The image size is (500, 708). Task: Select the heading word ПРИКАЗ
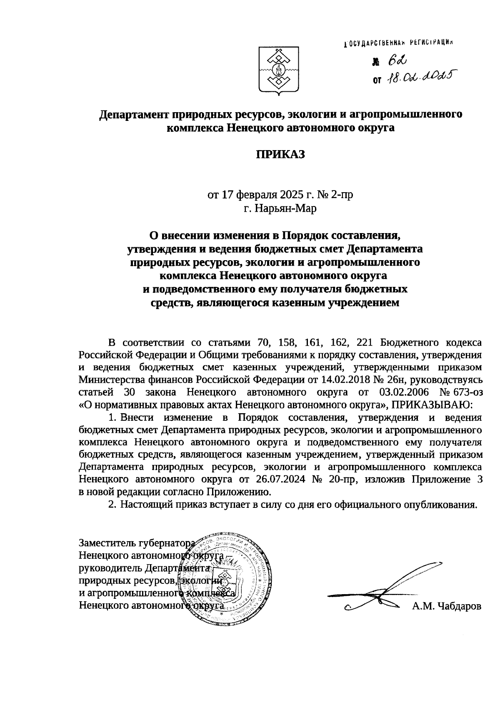[280, 154]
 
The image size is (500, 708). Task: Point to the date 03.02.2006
[403, 392]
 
